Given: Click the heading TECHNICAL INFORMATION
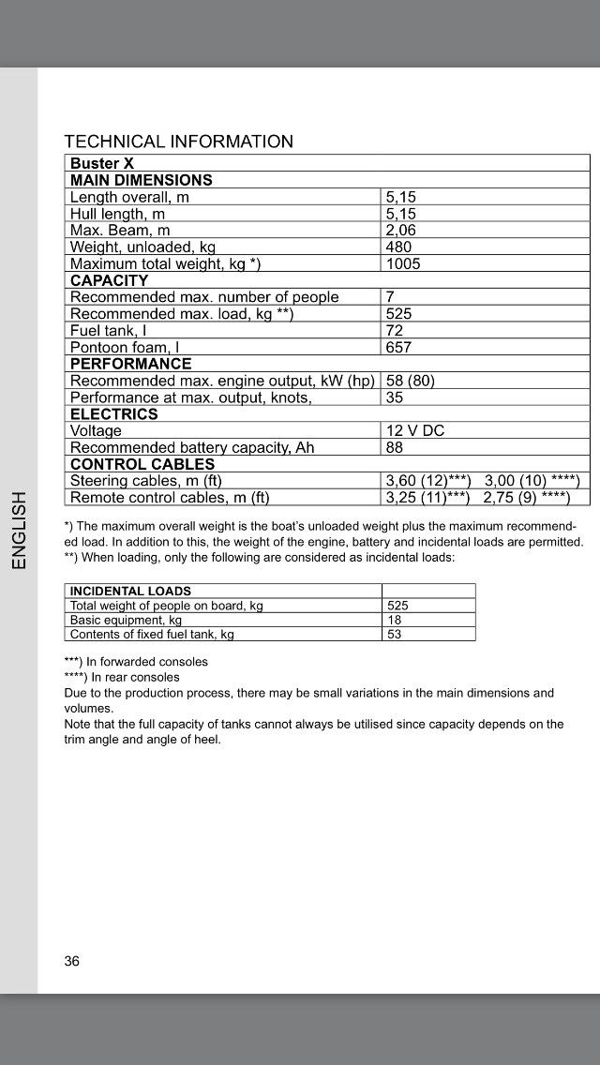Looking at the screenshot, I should [x=178, y=142].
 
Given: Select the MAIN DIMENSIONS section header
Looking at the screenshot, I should [x=142, y=180].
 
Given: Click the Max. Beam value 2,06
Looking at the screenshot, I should [x=401, y=231].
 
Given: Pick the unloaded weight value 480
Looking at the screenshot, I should [x=399, y=247].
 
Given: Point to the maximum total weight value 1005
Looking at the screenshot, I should [x=404, y=264].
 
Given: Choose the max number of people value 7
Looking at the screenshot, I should [x=391, y=297].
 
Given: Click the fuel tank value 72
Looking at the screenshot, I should [x=395, y=331].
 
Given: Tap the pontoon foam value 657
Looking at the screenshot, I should [x=399, y=348].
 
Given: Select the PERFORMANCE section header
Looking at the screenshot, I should [x=131, y=364].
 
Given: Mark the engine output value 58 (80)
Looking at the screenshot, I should [x=411, y=382].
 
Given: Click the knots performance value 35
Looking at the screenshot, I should [x=395, y=397].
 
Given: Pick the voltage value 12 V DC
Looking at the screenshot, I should [x=415, y=431].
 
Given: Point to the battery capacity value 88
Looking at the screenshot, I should [x=395, y=448].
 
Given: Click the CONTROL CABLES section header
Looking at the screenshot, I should [x=142, y=464].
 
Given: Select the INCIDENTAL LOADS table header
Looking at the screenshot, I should [x=131, y=592].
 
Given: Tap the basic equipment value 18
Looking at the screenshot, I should [x=395, y=620].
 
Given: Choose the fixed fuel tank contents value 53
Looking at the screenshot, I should [x=395, y=635].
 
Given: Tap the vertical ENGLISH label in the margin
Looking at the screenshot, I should [x=18, y=530].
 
